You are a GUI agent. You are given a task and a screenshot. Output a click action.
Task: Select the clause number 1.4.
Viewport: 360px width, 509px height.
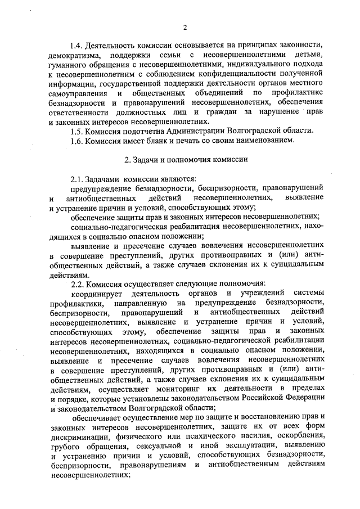tap(77, 45)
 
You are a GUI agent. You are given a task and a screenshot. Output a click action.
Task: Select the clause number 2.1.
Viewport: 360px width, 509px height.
tap(77, 179)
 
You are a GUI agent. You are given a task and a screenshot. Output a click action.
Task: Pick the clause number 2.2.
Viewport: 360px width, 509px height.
tap(77, 283)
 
